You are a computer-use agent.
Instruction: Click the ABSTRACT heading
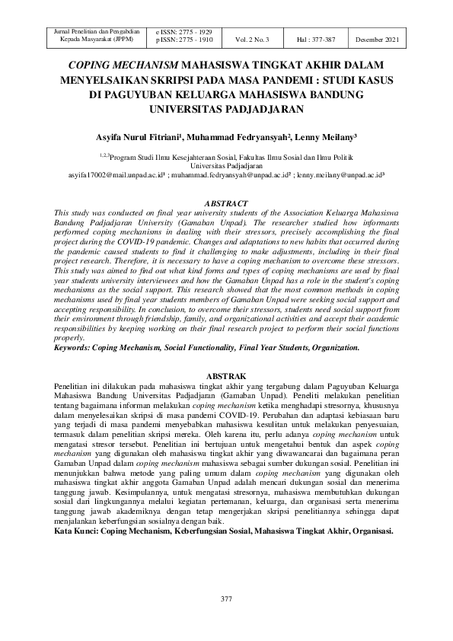(x=226, y=203)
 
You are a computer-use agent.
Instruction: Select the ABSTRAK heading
(x=226, y=377)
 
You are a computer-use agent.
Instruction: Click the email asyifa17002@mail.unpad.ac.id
(x=116, y=174)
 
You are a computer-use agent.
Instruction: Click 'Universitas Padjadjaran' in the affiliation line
(x=226, y=165)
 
